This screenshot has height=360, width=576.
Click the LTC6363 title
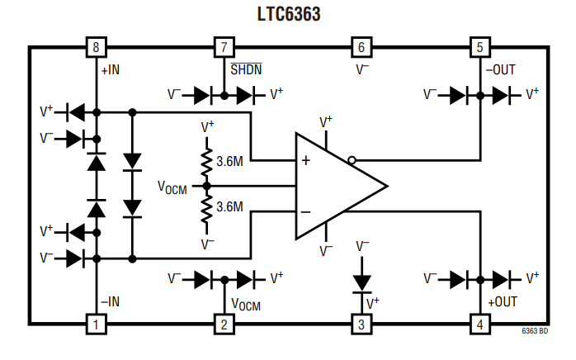coord(289,14)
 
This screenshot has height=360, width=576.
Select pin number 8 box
coord(96,47)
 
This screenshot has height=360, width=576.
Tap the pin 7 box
coord(223,47)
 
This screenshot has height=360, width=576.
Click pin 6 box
coord(361,47)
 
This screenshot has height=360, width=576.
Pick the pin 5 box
coord(479,47)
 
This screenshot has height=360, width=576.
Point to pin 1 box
coord(96,324)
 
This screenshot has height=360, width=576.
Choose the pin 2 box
coord(223,324)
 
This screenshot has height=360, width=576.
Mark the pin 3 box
coord(361,324)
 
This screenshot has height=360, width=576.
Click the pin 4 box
coord(479,324)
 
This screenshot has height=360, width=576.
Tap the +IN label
coord(111,70)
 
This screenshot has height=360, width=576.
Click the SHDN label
coord(245,70)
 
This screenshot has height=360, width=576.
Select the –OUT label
coord(500,70)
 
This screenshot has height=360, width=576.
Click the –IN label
coord(110,302)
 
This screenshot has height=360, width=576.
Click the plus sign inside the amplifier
coord(305,161)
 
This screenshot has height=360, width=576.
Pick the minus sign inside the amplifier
coord(305,212)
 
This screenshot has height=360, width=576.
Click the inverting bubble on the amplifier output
coord(352,160)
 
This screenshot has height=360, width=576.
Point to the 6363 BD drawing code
coord(535,331)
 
